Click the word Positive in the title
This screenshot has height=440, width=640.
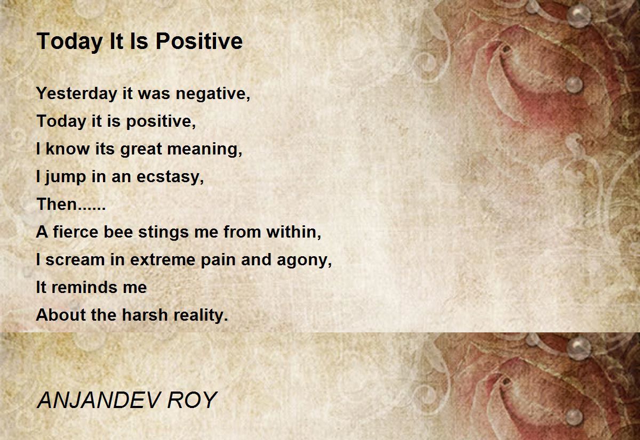(x=199, y=41)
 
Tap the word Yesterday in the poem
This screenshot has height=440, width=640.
(x=77, y=94)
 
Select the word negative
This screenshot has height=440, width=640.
(x=213, y=94)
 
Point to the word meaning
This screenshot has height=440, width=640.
(x=205, y=150)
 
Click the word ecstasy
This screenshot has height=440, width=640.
(x=170, y=177)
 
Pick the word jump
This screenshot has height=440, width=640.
(x=66, y=177)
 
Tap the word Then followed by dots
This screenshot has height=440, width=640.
(x=71, y=205)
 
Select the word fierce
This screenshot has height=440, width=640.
(x=76, y=232)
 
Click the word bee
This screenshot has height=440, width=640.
(x=118, y=232)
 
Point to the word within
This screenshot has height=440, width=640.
(x=294, y=232)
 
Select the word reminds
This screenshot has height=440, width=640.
(x=85, y=287)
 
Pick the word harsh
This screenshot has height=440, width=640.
(x=145, y=315)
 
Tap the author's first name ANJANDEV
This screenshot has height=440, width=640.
(x=98, y=400)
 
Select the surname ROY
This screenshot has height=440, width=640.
(x=192, y=400)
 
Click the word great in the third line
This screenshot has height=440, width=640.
(x=141, y=150)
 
